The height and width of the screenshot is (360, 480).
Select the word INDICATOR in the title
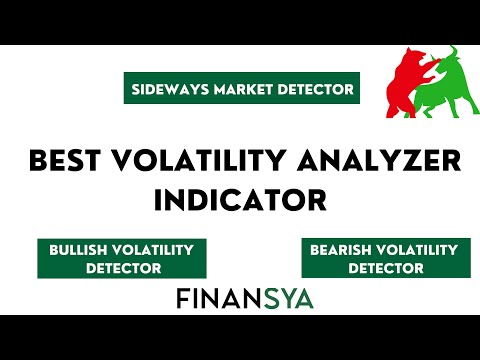coord(240,199)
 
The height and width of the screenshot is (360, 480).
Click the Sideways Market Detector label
coord(242,89)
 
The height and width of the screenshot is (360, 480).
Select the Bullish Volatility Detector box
coord(121,258)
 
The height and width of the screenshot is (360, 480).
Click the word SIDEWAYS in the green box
coord(165,89)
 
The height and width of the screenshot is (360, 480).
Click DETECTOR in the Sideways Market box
coord(312,89)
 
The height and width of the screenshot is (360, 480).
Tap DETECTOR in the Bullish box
coord(121,268)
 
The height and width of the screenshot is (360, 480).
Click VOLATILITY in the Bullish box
coord(158,248)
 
